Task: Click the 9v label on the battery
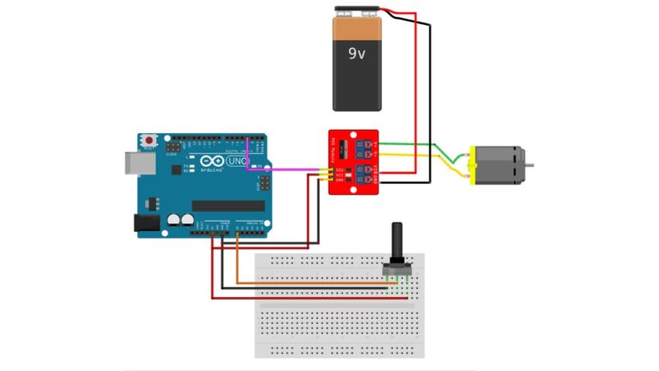tap(356, 52)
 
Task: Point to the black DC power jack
tap(147, 222)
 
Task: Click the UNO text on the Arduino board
tap(239, 161)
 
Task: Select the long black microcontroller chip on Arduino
tap(227, 205)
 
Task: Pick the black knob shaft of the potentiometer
tap(397, 244)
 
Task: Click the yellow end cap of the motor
tap(472, 164)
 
